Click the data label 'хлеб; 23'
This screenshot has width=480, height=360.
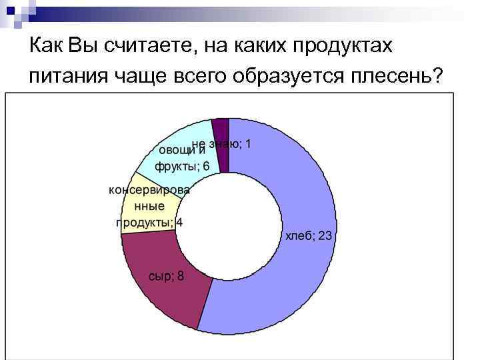[x=309, y=237]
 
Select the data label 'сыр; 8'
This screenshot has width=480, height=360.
[x=166, y=275]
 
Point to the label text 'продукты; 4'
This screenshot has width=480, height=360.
[x=150, y=223]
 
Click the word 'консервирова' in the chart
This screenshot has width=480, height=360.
[x=149, y=190]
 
